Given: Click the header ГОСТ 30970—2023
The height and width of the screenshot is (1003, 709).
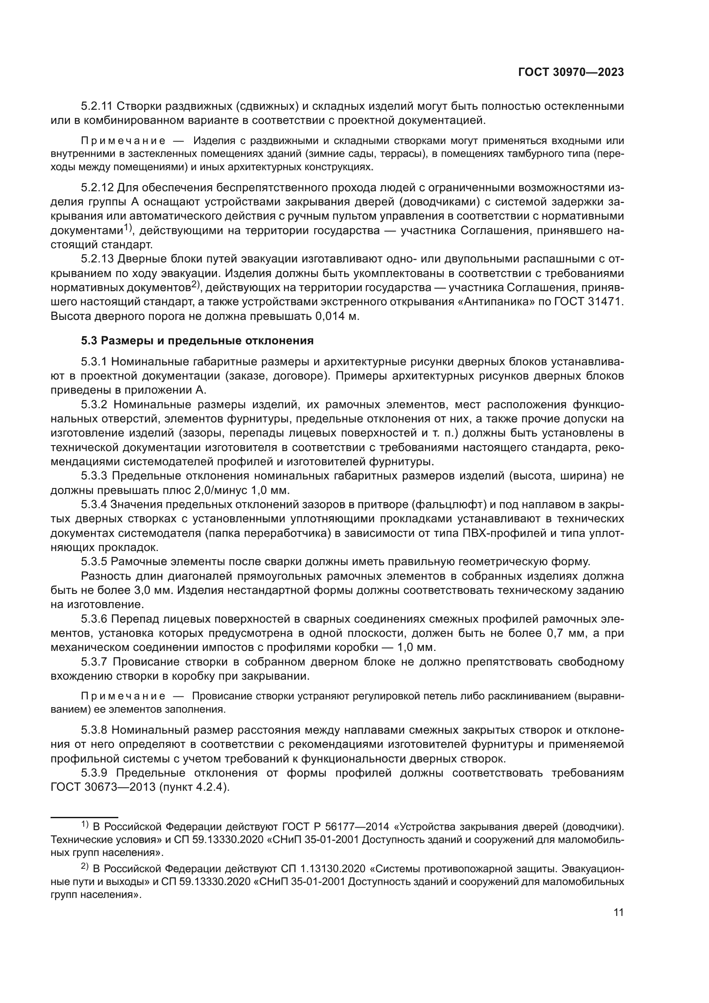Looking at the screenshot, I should point(571,72).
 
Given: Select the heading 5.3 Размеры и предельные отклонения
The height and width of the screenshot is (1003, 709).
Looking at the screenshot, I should point(197,341).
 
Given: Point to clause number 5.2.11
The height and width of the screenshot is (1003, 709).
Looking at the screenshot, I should point(97,106).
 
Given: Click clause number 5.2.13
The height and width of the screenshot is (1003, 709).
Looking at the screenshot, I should point(97,259).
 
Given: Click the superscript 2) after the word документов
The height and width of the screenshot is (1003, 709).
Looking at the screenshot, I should point(195,285).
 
